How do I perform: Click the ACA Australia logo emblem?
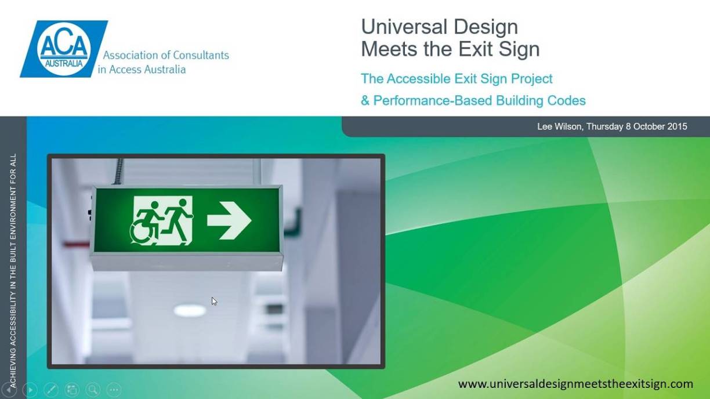point(63,49)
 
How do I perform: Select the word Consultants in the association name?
point(202,56)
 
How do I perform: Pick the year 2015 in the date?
point(676,126)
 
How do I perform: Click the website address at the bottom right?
point(575,384)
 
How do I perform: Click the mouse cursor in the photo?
point(214,301)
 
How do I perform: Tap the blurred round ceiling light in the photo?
point(190,310)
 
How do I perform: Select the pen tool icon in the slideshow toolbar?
point(51,390)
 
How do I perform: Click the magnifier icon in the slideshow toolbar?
point(93,390)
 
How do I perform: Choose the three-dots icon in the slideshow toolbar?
point(114,390)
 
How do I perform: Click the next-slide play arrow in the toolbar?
point(30,390)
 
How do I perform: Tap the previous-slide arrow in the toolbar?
point(9,390)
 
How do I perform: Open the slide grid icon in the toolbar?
point(72,390)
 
